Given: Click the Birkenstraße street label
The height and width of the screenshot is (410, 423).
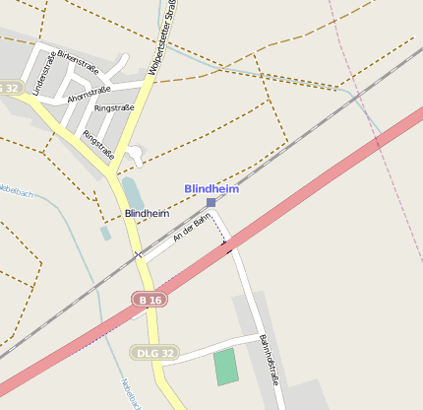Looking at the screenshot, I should [x=80, y=61].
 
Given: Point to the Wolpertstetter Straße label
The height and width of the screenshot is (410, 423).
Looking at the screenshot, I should [x=159, y=40].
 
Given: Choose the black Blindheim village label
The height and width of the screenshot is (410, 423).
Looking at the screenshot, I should [x=147, y=213].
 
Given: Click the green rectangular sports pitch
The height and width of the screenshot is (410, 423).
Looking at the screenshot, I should [x=226, y=367].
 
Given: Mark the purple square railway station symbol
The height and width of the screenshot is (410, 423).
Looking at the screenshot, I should [x=211, y=202].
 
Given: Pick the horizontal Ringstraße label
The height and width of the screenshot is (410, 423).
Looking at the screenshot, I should [x=115, y=107].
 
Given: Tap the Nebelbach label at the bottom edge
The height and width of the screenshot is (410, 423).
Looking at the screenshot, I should [x=131, y=394].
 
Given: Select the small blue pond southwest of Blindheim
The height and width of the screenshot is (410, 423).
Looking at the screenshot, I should [x=105, y=234].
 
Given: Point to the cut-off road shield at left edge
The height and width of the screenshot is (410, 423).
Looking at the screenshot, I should [x=9, y=88].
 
